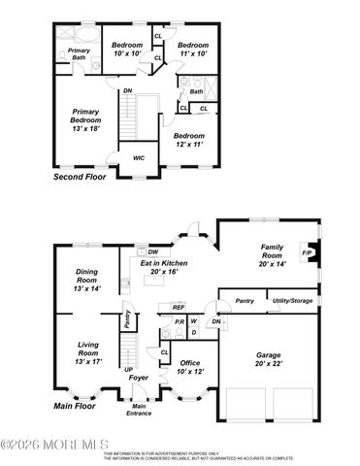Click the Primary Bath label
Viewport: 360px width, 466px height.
pyautogui.click(x=79, y=54)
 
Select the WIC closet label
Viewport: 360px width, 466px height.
pyautogui.click(x=138, y=156)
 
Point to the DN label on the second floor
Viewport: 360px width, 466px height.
pyautogui.click(x=128, y=91)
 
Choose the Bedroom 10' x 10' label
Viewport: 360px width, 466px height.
pyautogui.click(x=127, y=50)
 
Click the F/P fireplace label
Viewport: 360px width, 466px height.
pyautogui.click(x=307, y=253)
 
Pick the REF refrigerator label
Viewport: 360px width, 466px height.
pyautogui.click(x=178, y=308)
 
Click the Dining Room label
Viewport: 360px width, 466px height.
pyautogui.click(x=87, y=282)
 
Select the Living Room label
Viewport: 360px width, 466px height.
pyautogui.click(x=87, y=354)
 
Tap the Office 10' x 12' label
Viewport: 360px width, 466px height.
pyautogui.click(x=189, y=366)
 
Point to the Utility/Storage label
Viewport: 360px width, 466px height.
pyautogui.click(x=291, y=301)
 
